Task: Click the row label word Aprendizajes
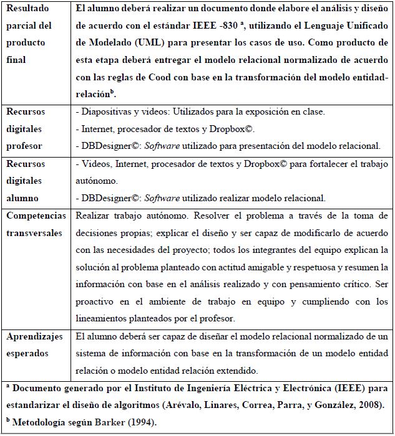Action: [35, 337]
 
